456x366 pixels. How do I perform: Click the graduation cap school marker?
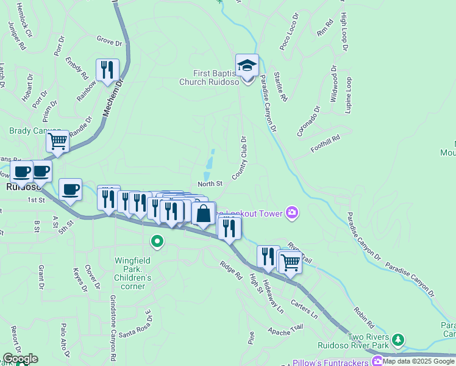[x=247, y=65]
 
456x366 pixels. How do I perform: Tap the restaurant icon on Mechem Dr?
[x=107, y=70]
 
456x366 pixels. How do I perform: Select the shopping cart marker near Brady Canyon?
[x=58, y=142]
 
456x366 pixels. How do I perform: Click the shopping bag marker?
[x=204, y=213]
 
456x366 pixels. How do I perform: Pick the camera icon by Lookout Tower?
[x=293, y=212]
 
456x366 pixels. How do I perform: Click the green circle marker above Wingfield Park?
[x=157, y=242]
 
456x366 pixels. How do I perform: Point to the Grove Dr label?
[x=110, y=40]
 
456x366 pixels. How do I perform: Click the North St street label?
[x=210, y=183]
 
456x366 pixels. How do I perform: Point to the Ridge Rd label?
[x=231, y=271]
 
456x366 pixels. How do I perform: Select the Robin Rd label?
[x=363, y=313]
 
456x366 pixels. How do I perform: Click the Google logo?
[x=20, y=359]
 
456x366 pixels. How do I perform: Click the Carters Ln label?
[x=304, y=309]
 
